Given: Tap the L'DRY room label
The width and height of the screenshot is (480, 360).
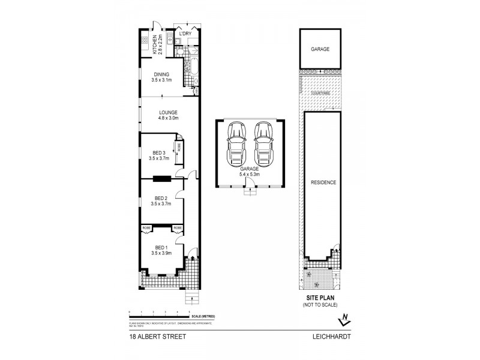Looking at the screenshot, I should pyautogui.click(x=185, y=34).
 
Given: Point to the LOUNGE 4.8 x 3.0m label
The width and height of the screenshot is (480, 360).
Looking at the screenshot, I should pyautogui.click(x=167, y=115).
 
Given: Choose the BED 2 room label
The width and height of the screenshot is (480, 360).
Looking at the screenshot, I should pyautogui.click(x=160, y=201).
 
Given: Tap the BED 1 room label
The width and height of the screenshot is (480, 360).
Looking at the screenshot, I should pyautogui.click(x=160, y=250).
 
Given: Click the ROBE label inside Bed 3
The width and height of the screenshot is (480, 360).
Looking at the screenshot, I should pyautogui.click(x=178, y=146).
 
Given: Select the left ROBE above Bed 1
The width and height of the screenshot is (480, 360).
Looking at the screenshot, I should pyautogui.click(x=146, y=227).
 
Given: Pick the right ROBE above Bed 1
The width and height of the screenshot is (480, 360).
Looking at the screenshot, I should pyautogui.click(x=178, y=227).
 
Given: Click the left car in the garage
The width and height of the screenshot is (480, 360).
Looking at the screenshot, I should pyautogui.click(x=236, y=144).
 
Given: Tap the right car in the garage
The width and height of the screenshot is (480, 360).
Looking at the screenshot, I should pyautogui.click(x=263, y=144).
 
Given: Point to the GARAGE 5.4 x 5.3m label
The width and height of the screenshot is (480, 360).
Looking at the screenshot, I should pyautogui.click(x=250, y=172).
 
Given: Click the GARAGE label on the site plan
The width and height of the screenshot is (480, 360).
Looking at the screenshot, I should pyautogui.click(x=320, y=50).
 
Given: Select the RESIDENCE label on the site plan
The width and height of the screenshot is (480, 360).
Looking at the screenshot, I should pyautogui.click(x=322, y=182).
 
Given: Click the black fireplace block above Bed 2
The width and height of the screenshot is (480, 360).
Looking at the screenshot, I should pyautogui.click(x=161, y=178).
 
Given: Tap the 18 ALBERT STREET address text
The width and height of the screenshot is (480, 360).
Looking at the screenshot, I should pyautogui.click(x=157, y=337).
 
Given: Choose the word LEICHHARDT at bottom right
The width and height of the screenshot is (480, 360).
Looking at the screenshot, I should pyautogui.click(x=331, y=337).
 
